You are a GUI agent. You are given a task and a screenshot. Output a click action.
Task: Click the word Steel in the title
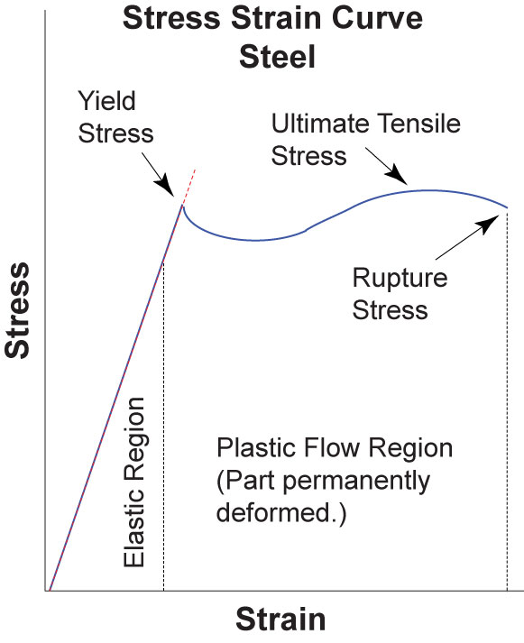tap(278, 57)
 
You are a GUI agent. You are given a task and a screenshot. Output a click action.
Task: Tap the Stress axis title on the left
tap(17, 310)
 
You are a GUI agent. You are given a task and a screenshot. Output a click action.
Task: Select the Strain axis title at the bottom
tap(280, 620)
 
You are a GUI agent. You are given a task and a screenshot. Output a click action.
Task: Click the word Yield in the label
tap(106, 101)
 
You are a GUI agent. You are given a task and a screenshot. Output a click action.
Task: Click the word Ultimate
tap(320, 123)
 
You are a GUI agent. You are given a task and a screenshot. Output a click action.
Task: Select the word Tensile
tap(418, 123)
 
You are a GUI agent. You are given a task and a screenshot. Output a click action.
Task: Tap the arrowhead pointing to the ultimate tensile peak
tap(397, 175)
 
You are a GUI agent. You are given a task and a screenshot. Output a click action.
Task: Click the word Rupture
tap(400, 279)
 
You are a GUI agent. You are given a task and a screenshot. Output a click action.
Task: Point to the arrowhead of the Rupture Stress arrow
tap(489, 224)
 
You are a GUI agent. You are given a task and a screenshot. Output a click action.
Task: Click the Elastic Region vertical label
tap(134, 482)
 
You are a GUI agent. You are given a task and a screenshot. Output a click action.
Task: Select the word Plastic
tap(256, 447)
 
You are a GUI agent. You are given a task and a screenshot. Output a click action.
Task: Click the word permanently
tap(357, 481)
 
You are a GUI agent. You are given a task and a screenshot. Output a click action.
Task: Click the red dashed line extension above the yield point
tap(188, 187)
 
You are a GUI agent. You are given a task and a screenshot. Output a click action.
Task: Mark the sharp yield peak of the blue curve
tap(182, 206)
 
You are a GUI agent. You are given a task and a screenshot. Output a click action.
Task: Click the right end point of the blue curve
tap(507, 207)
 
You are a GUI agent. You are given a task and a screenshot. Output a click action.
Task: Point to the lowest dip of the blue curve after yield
tap(255, 240)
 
